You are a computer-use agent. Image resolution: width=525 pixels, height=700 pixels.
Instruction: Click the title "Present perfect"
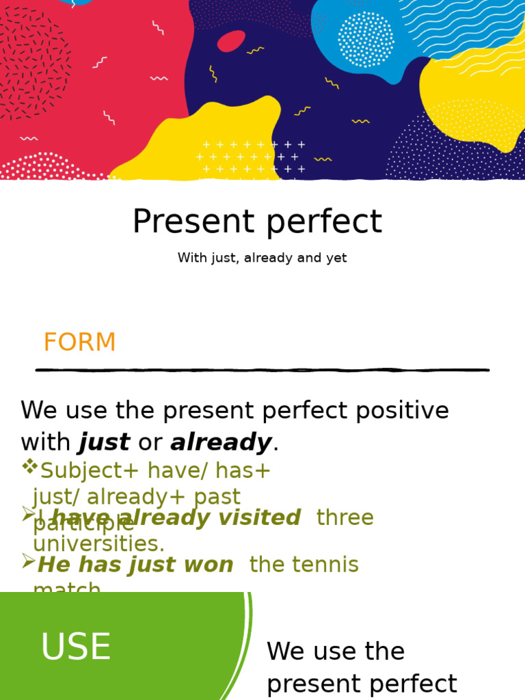(257, 222)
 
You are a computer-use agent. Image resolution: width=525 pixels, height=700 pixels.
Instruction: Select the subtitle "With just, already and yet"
(262, 258)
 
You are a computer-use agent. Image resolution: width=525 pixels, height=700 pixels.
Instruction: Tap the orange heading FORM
(79, 342)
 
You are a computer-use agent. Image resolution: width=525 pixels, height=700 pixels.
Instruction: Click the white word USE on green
(76, 647)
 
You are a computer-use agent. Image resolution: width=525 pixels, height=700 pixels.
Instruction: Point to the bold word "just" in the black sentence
(105, 443)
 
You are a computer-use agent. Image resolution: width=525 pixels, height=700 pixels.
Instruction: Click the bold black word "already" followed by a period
(221, 443)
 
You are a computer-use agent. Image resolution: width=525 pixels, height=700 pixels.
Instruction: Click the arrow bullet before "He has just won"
(28, 562)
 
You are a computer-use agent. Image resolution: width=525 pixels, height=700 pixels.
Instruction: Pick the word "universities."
(99, 544)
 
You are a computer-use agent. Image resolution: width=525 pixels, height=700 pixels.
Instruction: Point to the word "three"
(345, 518)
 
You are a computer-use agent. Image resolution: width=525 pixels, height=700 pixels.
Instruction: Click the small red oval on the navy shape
(231, 41)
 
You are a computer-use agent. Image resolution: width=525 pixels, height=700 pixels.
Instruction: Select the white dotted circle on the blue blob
(366, 40)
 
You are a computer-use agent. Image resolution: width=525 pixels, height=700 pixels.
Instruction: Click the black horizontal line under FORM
(262, 370)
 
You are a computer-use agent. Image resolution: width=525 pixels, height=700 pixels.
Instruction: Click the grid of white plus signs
(251, 157)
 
